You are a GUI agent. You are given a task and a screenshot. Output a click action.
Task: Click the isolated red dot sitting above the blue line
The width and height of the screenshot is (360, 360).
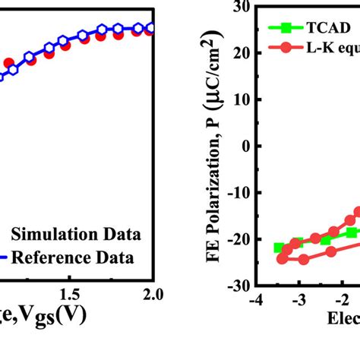[8, 63]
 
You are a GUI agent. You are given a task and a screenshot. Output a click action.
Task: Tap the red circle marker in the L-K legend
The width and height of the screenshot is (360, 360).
[285, 49]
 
